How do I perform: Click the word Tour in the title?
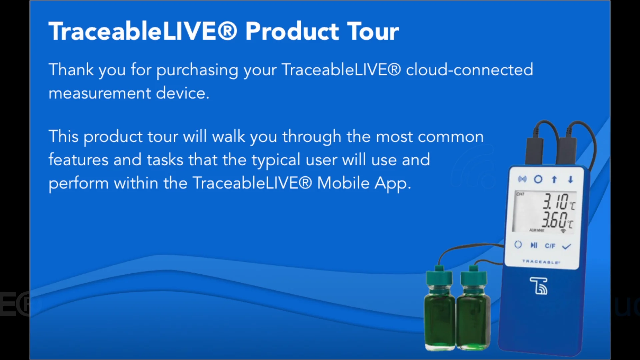pyautogui.click(x=373, y=31)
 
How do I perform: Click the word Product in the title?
pyautogui.click(x=292, y=31)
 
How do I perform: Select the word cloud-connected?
pyautogui.click(x=469, y=70)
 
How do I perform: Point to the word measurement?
pyautogui.click(x=100, y=93)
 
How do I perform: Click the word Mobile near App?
pyautogui.click(x=343, y=183)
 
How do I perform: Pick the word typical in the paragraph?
pyautogui.click(x=276, y=160)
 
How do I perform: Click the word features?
pyautogui.click(x=78, y=160)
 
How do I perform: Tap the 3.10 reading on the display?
pyautogui.click(x=555, y=201)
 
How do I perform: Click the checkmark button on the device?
pyautogui.click(x=567, y=246)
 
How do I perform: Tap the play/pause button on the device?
pyautogui.click(x=534, y=245)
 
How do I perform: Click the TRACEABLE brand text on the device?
pyautogui.click(x=541, y=262)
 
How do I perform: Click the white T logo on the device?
pyautogui.click(x=539, y=286)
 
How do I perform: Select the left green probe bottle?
pyautogui.click(x=440, y=308)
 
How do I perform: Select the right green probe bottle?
pyautogui.click(x=473, y=308)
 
